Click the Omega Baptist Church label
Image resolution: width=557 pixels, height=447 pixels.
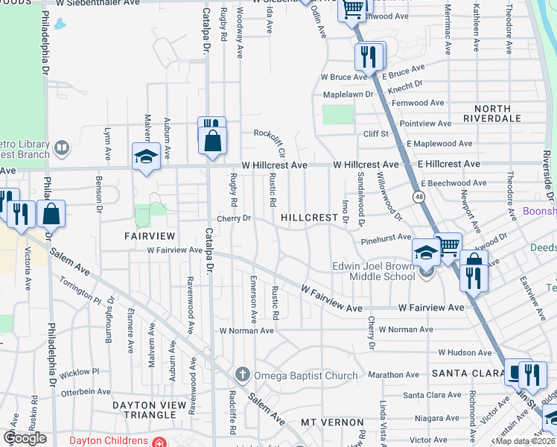tap(306, 375)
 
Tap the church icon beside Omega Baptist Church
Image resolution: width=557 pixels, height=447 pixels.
tap(241, 373)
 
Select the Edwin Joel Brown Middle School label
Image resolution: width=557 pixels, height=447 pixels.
tap(373, 272)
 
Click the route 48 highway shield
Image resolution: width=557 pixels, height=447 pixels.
tap(421, 196)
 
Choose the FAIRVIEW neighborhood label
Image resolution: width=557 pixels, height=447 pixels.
tap(149, 235)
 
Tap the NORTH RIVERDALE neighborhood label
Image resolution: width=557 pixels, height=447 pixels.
tap(487, 113)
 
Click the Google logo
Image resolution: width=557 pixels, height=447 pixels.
tap(25, 437)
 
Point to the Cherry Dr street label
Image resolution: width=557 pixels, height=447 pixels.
tap(235, 218)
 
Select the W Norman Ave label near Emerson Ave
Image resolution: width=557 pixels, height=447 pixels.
tap(243, 330)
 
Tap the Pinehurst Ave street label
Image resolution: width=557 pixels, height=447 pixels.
tap(385, 237)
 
